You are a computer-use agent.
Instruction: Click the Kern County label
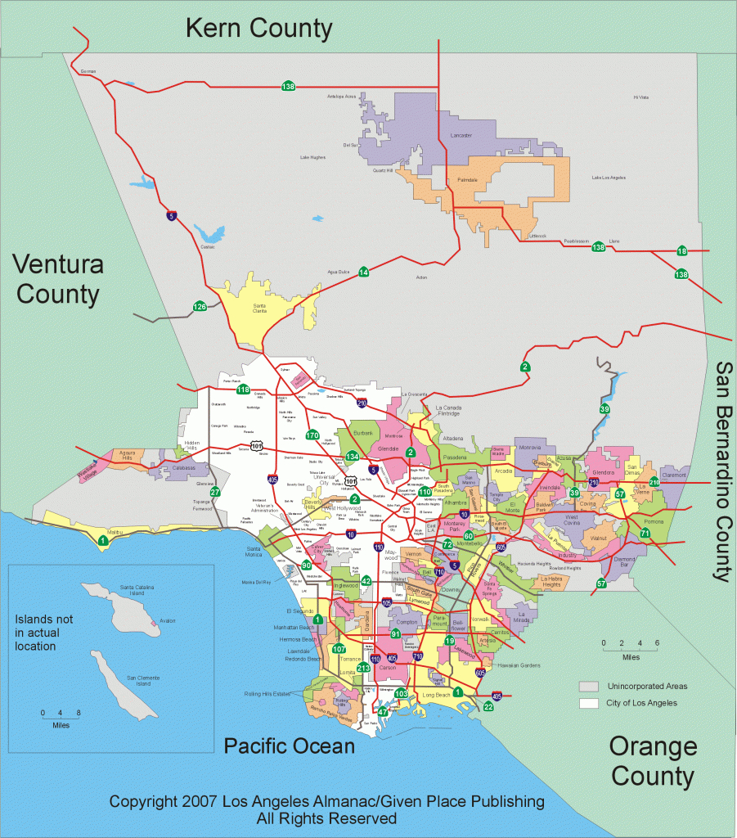[258, 29]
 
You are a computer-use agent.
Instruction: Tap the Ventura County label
[56, 279]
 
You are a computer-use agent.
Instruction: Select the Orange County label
[652, 760]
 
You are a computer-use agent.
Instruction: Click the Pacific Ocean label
[290, 746]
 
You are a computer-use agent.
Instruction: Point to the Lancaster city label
[461, 135]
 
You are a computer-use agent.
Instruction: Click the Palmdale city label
[467, 178]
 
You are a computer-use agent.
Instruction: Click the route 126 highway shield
[200, 307]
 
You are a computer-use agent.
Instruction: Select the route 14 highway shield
[363, 272]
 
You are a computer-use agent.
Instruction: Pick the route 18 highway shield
[681, 250]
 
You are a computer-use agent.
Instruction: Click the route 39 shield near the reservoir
[604, 408]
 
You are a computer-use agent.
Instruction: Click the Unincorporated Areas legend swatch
[588, 686]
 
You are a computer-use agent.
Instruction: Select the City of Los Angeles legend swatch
[588, 703]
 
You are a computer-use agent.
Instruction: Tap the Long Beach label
[436, 695]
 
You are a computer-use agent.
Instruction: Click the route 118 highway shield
[243, 390]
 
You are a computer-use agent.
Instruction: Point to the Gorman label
[88, 71]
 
